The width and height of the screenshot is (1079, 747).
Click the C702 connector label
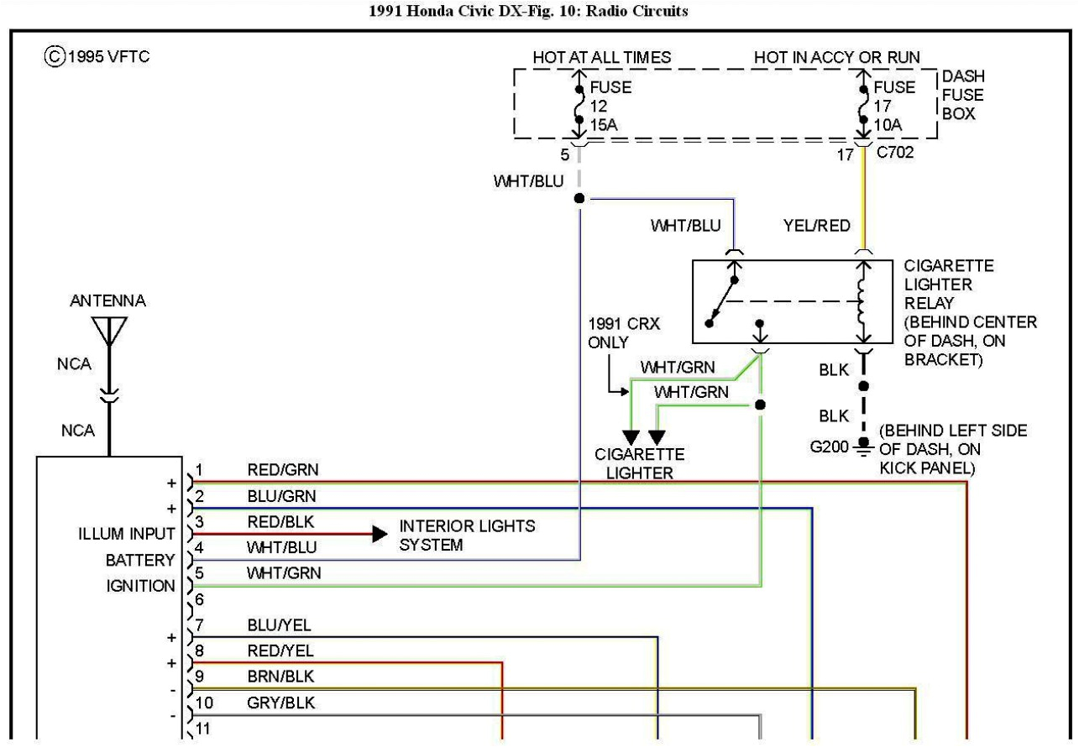pos(894,154)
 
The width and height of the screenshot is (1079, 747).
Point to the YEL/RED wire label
pos(816,225)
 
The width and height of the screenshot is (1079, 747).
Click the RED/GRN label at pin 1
pos(283,469)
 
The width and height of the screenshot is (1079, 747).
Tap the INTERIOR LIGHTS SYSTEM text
pos(467,535)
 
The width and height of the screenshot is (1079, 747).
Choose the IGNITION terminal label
pos(140,586)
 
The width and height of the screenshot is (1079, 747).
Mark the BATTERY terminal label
pos(140,560)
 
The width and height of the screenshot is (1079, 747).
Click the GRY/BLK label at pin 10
pos(281,703)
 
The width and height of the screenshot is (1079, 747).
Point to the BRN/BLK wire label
pos(281,676)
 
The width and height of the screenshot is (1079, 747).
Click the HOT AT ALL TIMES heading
pos(602,57)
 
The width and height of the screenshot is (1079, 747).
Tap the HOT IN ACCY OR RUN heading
pos(836,57)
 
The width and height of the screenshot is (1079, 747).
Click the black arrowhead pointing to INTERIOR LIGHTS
pos(380,534)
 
